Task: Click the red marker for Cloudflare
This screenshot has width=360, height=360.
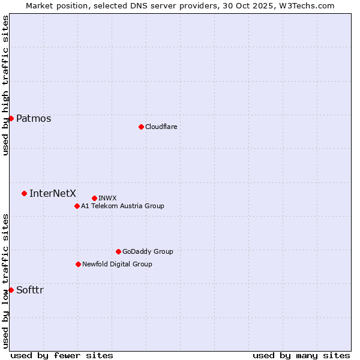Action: [x=141, y=127]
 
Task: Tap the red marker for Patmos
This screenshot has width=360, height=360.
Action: [x=11, y=118]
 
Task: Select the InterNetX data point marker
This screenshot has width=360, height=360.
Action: [x=24, y=193]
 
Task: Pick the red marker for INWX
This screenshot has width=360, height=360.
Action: [x=94, y=198]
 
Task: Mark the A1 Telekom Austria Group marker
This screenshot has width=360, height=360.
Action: [x=77, y=206]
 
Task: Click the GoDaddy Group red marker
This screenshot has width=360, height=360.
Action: [x=118, y=251]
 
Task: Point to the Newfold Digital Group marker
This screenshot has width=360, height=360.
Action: [x=78, y=264]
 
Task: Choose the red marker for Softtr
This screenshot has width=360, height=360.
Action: [x=11, y=290]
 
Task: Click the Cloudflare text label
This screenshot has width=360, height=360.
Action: [x=161, y=127]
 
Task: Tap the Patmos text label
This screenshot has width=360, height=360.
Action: [x=34, y=118]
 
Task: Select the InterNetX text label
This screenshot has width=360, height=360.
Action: [x=53, y=193]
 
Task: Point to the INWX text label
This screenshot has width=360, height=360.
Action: [x=107, y=198]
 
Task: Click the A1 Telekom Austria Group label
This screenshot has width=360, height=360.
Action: [x=122, y=206]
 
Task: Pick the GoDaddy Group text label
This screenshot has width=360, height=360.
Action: [x=148, y=251]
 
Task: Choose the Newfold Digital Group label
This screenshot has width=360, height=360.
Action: [x=117, y=264]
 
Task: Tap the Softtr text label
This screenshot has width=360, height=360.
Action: [x=30, y=290]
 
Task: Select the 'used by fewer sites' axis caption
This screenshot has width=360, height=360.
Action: [x=62, y=355]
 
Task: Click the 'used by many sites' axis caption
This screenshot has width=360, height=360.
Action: [x=301, y=355]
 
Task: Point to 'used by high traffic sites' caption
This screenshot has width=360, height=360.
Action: [x=5, y=85]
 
